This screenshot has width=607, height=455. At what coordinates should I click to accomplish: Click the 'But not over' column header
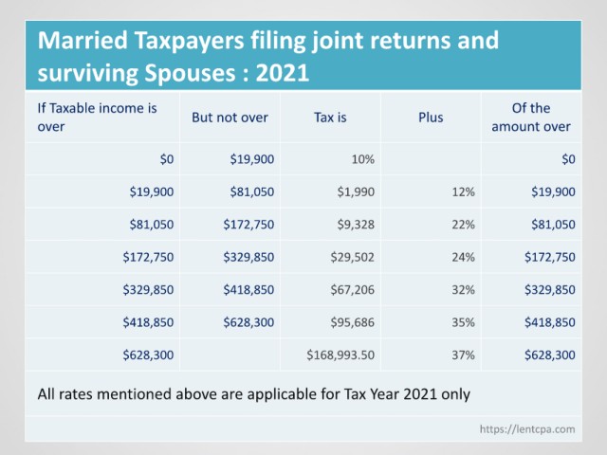230,118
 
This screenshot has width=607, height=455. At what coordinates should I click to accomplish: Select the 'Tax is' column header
330,118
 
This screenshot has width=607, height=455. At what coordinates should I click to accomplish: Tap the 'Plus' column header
431,118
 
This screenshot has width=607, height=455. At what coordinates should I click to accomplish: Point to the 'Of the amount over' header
531,118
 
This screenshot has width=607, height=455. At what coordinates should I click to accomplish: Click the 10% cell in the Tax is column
362,159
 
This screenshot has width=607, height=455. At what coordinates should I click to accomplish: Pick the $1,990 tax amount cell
356,191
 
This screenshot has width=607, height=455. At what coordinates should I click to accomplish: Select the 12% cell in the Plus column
463,191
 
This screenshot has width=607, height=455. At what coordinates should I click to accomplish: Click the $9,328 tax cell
356,224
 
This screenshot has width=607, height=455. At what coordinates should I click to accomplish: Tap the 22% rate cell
463,224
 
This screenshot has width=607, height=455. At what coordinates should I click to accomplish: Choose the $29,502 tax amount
352,257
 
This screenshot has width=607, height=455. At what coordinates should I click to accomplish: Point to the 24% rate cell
463,257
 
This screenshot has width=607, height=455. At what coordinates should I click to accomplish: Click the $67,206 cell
352,289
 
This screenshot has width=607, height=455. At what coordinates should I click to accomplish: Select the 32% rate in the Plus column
463,289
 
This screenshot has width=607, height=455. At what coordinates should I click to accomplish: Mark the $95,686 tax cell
352,322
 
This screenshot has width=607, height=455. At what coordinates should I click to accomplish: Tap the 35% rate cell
463,322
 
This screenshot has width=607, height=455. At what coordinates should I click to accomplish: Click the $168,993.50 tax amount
340,355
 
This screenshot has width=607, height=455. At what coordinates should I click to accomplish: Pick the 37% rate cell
463,355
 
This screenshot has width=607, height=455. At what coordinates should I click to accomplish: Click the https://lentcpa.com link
527,429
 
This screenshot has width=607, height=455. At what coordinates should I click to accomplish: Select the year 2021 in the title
283,73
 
